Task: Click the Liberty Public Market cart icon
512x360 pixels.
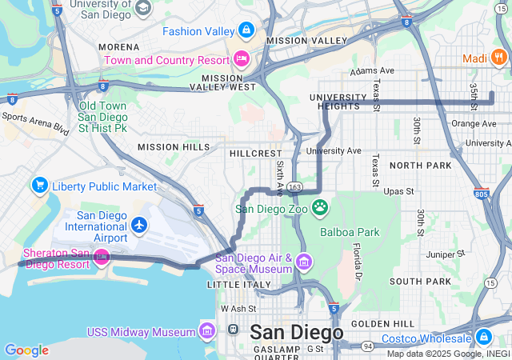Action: point(39,186)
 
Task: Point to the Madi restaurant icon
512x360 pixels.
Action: point(498,57)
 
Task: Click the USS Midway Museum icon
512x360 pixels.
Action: point(207,331)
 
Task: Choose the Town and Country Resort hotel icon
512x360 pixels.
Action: point(241,59)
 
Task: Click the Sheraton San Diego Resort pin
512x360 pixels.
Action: point(101,257)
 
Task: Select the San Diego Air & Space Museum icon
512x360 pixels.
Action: point(303,262)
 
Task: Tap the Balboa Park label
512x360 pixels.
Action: point(348,233)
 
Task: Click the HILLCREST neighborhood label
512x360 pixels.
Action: point(255,152)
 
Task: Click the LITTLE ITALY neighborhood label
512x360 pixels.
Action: point(234,285)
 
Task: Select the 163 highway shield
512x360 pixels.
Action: point(294,187)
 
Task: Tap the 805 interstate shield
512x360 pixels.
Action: point(481,193)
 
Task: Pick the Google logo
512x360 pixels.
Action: point(26,350)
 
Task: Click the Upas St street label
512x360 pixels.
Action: point(398,192)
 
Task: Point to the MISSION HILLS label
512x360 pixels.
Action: point(174,147)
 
